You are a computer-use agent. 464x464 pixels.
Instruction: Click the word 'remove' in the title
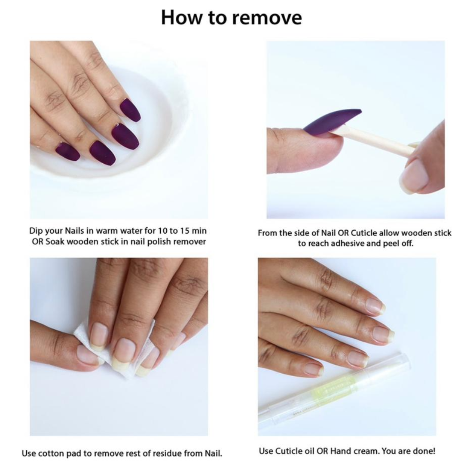(x=267, y=18)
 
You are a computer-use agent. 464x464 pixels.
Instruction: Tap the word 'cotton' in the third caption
(x=50, y=453)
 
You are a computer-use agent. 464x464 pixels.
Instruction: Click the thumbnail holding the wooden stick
(x=414, y=174)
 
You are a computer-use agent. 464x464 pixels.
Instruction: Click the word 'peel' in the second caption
(x=391, y=244)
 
